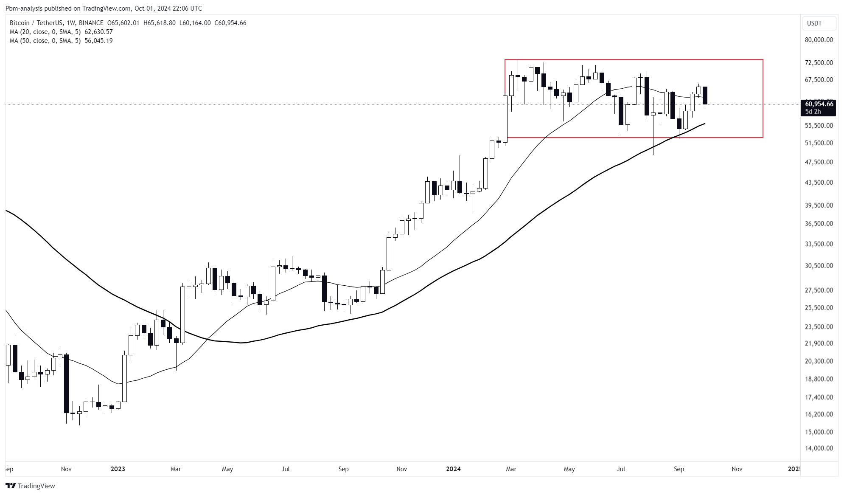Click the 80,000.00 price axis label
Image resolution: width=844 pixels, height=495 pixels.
[819, 40]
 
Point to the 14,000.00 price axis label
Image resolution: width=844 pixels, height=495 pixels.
[819, 448]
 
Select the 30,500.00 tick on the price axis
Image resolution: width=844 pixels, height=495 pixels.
[819, 266]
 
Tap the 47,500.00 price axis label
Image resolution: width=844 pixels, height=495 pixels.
[819, 162]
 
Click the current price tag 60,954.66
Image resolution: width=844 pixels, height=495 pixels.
[819, 104]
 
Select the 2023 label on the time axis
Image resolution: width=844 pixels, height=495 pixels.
[118, 469]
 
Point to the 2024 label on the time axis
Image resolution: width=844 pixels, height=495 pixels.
[453, 469]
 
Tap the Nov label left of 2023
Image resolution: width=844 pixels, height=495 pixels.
[66, 469]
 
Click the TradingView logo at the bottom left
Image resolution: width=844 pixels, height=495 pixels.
[31, 486]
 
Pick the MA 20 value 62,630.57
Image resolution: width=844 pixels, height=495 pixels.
[98, 32]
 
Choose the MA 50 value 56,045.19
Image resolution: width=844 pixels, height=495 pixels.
[98, 41]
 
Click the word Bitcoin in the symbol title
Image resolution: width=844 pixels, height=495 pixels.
[20, 23]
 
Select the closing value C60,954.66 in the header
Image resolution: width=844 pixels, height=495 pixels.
[230, 23]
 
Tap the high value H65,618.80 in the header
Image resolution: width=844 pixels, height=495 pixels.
[160, 23]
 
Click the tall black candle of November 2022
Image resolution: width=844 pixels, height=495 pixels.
[66, 383]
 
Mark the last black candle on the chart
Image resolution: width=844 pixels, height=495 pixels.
[705, 95]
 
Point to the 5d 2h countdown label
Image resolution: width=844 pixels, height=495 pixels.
[813, 112]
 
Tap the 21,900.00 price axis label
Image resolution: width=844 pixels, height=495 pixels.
[819, 343]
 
